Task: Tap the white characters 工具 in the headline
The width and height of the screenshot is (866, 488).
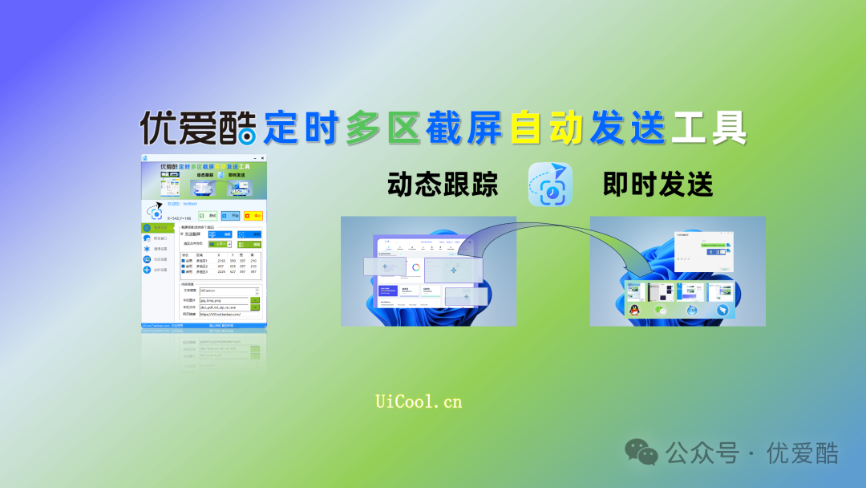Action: click(710, 128)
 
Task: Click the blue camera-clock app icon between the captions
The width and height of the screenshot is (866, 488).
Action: click(550, 185)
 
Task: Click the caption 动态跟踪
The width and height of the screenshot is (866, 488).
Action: click(443, 185)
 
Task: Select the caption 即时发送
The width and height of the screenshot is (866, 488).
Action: click(658, 185)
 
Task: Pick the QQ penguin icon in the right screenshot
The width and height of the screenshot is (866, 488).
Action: click(634, 311)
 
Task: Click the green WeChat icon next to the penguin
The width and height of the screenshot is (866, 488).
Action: click(661, 311)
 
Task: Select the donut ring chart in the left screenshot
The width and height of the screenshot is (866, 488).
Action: click(416, 267)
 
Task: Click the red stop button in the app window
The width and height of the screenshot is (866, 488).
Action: click(253, 216)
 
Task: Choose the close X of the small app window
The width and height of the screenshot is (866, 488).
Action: click(262, 158)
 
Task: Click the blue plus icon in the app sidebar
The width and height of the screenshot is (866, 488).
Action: click(147, 270)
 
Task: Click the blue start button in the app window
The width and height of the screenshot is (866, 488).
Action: click(230, 216)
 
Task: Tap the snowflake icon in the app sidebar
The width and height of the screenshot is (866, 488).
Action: click(147, 249)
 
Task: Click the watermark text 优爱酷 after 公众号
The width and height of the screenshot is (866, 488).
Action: click(803, 453)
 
